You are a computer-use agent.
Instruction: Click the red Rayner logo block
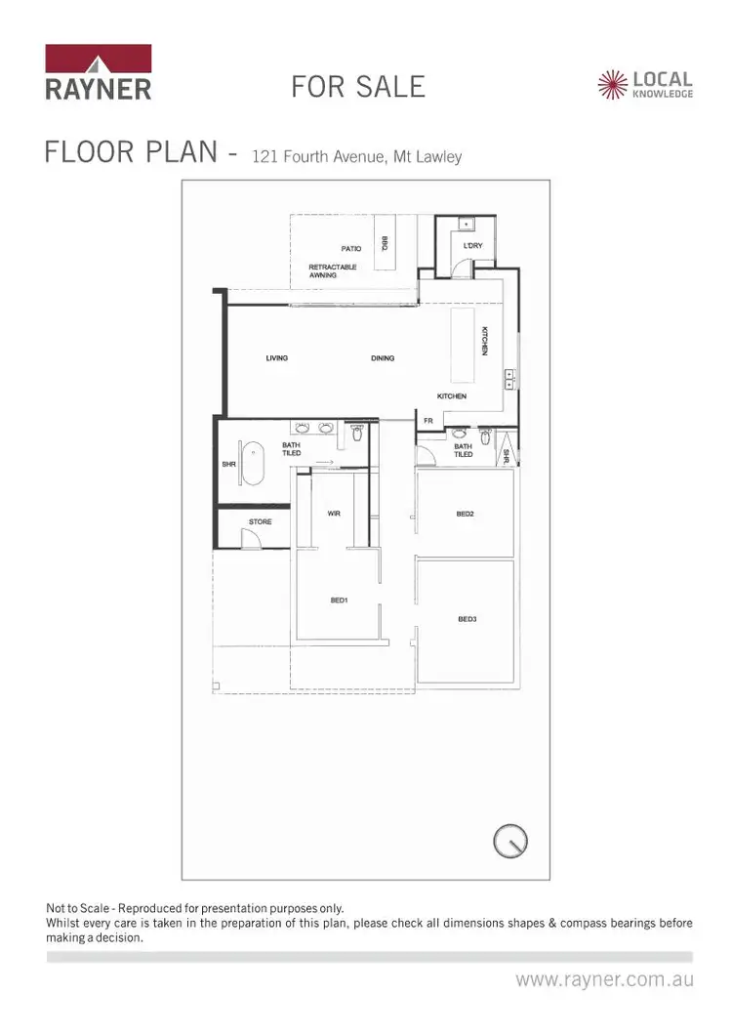pos(98,59)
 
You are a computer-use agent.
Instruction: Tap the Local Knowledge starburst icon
pos(613,85)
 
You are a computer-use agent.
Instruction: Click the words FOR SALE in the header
pos(358,86)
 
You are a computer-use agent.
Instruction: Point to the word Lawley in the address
pos(438,156)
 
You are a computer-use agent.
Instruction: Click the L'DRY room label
pos(473,246)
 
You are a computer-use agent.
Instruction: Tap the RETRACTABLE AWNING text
pos(333,271)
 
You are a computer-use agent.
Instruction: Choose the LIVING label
pos(277,358)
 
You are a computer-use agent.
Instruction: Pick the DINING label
pos(383,358)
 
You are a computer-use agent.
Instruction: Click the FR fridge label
pos(427,421)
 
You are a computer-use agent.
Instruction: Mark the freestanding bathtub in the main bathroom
pos(255,464)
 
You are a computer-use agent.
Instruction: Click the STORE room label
pos(261,522)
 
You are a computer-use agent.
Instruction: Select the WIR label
pos(333,514)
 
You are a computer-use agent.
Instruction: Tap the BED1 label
pos(340,601)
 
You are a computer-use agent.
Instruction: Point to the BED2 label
pos(466,514)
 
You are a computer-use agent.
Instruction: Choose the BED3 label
pos(467,619)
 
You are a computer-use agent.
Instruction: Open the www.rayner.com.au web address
pos(604,978)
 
